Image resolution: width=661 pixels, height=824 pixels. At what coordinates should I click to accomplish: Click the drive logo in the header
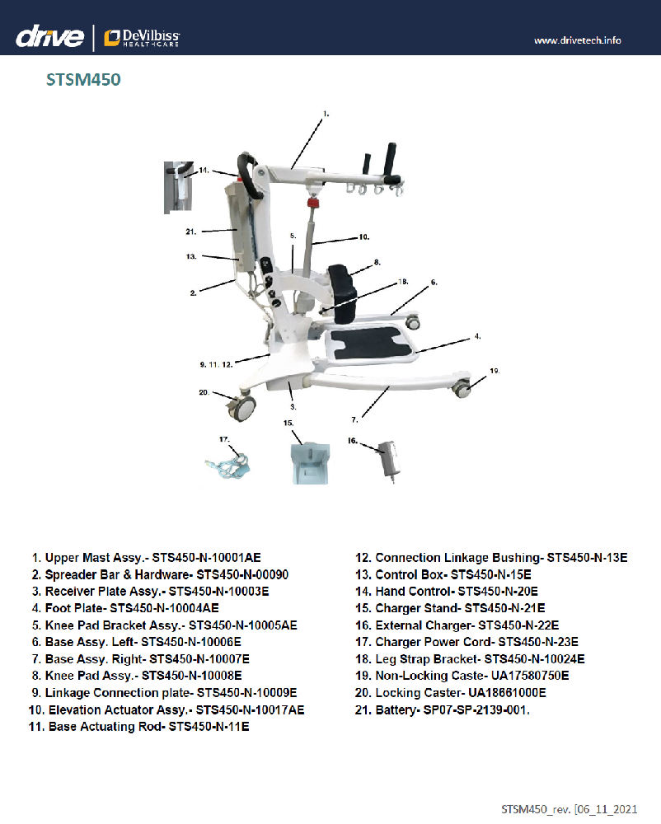(x=50, y=37)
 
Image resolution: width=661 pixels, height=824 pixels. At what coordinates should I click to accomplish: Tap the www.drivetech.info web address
(x=578, y=40)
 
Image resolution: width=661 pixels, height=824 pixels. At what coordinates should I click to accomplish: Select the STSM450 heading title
(x=83, y=81)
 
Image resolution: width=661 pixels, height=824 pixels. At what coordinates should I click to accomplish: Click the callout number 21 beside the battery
(x=190, y=232)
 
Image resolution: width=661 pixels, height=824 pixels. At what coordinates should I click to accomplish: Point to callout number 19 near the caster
(x=494, y=372)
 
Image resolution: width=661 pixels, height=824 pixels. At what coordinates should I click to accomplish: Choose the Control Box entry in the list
(x=452, y=574)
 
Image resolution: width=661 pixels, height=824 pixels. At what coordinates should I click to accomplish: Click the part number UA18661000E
(x=508, y=693)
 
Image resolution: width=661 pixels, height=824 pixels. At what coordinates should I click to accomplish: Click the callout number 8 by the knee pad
(x=376, y=263)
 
